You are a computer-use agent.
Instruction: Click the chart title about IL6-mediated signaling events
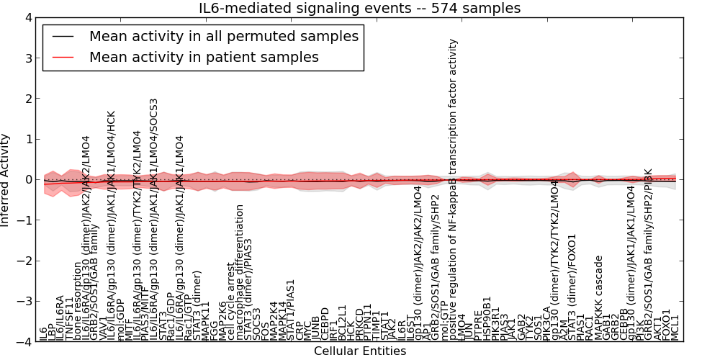[360, 8]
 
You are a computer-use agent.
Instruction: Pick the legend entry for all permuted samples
[223, 36]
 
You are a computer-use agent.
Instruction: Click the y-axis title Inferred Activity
[6, 179]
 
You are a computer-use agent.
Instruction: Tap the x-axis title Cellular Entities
[360, 351]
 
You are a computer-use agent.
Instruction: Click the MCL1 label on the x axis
[675, 325]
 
